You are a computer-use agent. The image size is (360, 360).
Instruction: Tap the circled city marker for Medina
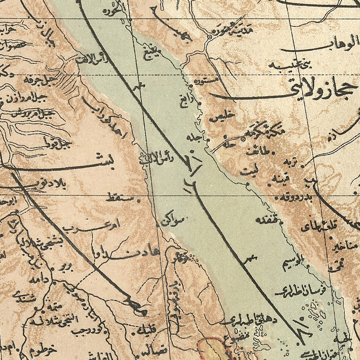tap(210, 37)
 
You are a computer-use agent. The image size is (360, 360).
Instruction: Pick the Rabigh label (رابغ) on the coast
tap(184, 102)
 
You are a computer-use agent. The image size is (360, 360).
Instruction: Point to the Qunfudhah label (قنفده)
tap(266, 220)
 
